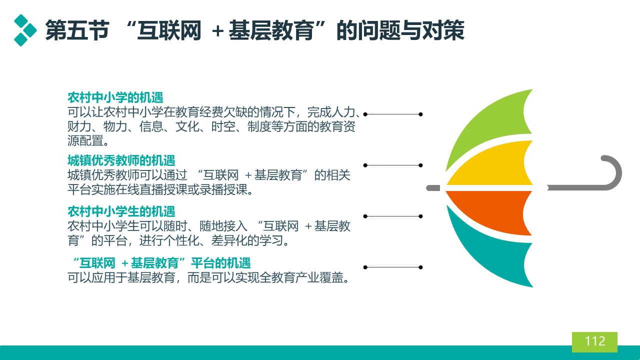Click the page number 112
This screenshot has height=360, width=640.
[595, 341]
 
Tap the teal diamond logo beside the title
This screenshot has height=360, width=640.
[25, 30]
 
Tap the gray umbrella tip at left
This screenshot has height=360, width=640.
[433, 188]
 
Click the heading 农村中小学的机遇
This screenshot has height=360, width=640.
[115, 97]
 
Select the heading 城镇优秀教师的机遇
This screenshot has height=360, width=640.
[121, 160]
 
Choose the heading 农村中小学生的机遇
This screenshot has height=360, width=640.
[121, 211]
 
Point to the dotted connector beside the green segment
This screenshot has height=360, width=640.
[393, 114]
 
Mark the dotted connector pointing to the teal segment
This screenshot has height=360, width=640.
[393, 267]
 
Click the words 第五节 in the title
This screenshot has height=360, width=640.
[77, 30]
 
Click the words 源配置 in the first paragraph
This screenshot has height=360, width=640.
[85, 141]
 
